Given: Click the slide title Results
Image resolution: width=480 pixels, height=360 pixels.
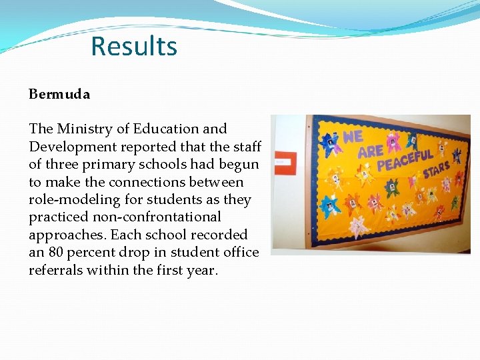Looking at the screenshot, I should pyautogui.click(x=134, y=47).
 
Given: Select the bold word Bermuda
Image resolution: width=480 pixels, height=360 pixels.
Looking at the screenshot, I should pyautogui.click(x=59, y=94).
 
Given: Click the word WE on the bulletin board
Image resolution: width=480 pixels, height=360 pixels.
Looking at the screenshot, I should pyautogui.click(x=353, y=137).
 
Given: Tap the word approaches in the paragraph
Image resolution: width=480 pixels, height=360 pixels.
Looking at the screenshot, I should pyautogui.click(x=67, y=235).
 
